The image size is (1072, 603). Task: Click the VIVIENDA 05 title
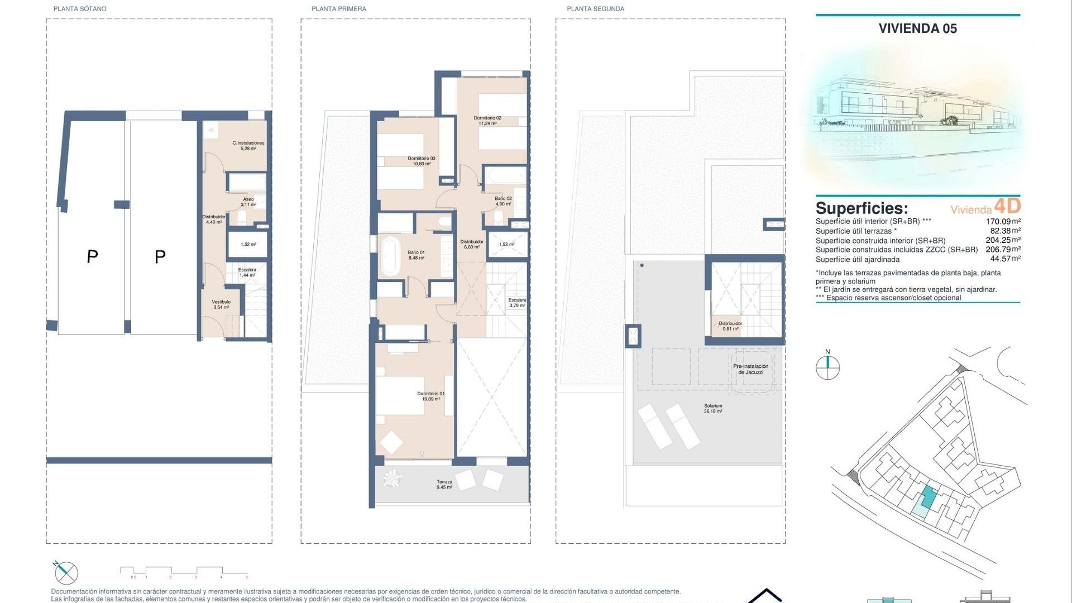tap(917, 28)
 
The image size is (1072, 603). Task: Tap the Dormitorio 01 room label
tap(430, 396)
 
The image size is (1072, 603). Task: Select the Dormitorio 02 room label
tap(487, 121)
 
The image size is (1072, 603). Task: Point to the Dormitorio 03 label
tap(422, 161)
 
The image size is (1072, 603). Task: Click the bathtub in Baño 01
tap(390, 256)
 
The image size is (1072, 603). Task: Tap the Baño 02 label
tap(503, 201)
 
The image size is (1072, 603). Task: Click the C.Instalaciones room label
tap(248, 146)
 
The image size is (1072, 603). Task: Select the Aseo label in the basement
tap(248, 202)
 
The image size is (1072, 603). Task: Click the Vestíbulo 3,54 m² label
tap(221, 304)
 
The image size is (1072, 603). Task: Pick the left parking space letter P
tap(93, 256)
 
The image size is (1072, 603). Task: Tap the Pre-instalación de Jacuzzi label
tap(750, 369)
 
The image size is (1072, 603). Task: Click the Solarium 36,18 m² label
tap(713, 409)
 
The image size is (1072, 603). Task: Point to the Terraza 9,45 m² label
tap(444, 484)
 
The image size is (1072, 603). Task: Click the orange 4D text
tap(1007, 206)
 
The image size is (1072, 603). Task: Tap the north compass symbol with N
tap(827, 366)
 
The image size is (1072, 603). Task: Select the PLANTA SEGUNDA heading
tap(595, 9)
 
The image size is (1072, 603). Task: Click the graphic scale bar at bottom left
tap(184, 571)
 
